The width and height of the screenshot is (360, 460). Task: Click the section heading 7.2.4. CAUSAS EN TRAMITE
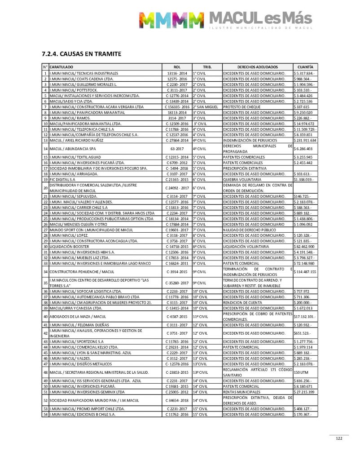[x=81, y=54]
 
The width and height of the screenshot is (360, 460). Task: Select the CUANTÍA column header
[x=305, y=66]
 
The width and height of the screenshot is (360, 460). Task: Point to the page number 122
[x=339, y=439]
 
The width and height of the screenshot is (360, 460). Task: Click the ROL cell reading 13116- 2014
[x=177, y=73]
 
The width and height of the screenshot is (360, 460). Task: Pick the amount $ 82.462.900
[x=304, y=247]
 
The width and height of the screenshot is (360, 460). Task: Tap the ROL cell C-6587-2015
[x=177, y=317]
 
